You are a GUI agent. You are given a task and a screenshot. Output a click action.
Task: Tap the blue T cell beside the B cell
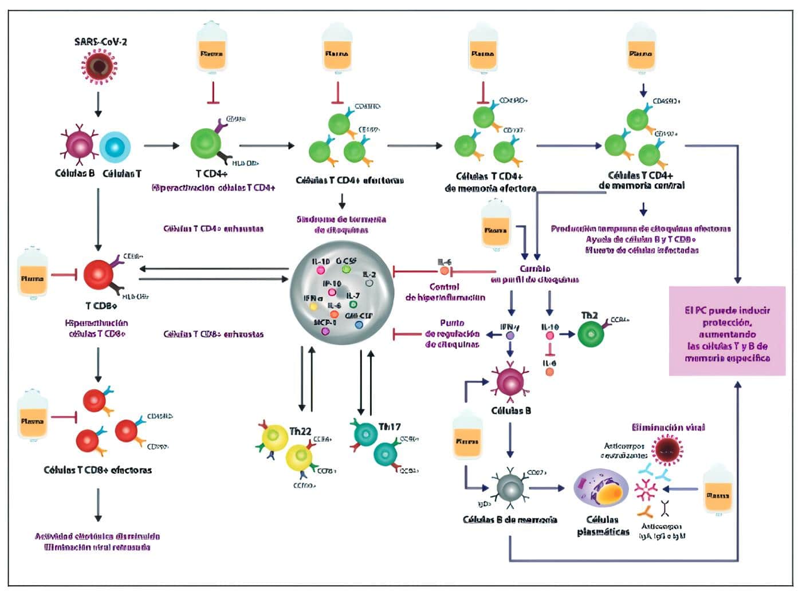[115, 147]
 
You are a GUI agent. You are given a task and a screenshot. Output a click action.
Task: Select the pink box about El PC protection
[727, 331]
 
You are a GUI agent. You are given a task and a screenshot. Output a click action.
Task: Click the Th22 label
[300, 431]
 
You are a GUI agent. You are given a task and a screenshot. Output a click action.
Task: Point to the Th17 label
[389, 427]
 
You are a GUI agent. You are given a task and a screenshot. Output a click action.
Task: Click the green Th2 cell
[591, 334]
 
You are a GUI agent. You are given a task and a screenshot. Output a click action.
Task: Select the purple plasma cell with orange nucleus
[601, 491]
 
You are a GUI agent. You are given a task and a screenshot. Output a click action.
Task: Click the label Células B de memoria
[510, 520]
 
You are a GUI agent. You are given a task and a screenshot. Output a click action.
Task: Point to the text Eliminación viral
[668, 427]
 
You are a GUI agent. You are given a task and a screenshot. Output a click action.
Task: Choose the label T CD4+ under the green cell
[212, 173]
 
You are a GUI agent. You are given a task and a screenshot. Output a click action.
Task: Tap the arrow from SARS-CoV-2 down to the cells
[99, 104]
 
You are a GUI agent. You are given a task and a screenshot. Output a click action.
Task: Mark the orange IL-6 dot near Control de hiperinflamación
[445, 271]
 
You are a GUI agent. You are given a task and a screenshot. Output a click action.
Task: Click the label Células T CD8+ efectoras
[98, 470]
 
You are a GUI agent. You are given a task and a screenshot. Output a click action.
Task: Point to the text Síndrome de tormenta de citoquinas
[341, 224]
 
